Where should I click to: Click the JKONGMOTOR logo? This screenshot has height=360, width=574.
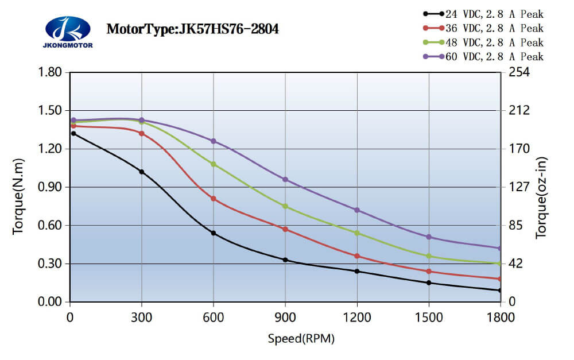click(x=68, y=32)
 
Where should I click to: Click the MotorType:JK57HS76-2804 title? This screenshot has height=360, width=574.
click(x=193, y=29)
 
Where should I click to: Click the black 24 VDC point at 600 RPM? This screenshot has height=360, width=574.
click(x=214, y=233)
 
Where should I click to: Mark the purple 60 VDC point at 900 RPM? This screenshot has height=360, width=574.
click(x=285, y=180)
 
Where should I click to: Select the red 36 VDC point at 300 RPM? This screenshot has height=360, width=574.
click(x=142, y=133)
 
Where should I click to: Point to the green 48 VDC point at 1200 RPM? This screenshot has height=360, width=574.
click(x=357, y=233)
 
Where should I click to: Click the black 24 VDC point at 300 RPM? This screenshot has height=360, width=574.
click(x=142, y=172)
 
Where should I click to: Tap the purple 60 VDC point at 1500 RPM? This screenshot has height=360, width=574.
click(x=429, y=237)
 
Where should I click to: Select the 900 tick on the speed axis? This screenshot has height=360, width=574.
click(x=285, y=316)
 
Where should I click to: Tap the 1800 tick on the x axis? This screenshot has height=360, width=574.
click(x=501, y=316)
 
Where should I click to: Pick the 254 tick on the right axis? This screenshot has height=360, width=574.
click(x=517, y=72)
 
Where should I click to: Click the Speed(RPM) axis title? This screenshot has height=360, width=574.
click(x=301, y=339)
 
